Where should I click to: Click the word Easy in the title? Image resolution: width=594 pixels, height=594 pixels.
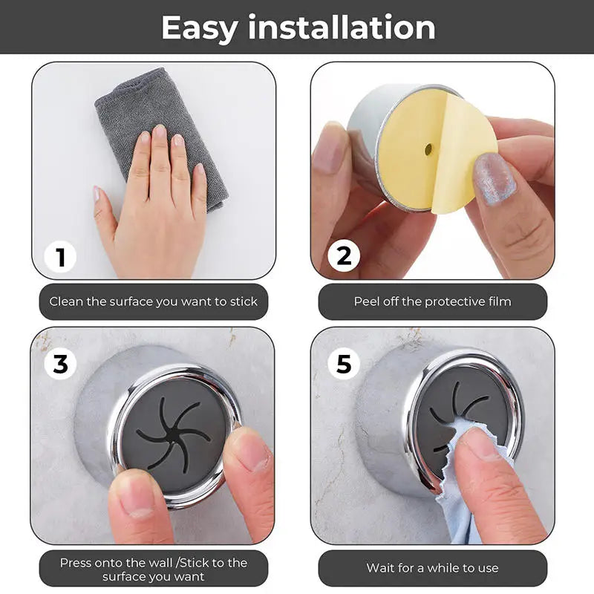[x=199, y=28]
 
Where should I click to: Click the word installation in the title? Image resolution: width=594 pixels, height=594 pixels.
[x=342, y=28]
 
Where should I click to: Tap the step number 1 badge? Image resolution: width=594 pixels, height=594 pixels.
[x=61, y=258]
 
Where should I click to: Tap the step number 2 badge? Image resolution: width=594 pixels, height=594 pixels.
[x=343, y=256]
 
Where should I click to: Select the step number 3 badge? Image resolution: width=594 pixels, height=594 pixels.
[x=60, y=364]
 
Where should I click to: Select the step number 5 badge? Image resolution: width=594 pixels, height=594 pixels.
[x=343, y=364]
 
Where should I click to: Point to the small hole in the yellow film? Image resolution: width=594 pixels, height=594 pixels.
[x=428, y=150]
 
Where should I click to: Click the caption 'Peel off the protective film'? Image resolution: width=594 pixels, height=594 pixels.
[x=432, y=301]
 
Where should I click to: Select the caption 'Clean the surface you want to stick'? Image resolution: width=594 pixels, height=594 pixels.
[x=153, y=301]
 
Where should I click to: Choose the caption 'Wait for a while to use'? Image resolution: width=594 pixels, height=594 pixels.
[x=432, y=568]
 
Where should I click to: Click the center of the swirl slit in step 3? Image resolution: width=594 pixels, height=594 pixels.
[x=172, y=433]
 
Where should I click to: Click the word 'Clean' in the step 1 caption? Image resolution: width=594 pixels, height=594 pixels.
[x=65, y=301]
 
